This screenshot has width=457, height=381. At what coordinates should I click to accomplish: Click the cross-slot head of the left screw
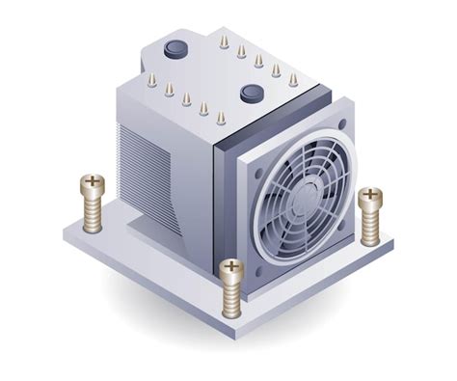pos(93,181)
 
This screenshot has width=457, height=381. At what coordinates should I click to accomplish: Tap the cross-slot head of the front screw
pos(231,267)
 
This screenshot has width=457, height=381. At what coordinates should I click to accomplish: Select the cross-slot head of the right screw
pos(370,197)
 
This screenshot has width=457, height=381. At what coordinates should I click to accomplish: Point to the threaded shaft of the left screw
pos(94,212)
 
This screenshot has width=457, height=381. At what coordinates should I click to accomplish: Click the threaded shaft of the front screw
pos(231,297)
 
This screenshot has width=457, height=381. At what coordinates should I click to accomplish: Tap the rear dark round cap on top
pos(176,48)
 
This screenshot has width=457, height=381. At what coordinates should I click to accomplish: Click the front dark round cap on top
pos(253,94)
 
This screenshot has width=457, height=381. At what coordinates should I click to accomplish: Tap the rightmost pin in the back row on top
pos(293,80)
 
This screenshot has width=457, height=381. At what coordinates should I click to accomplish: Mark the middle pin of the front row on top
pos(186,99)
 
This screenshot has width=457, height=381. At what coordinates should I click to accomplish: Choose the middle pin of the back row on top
pos(258,61)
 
